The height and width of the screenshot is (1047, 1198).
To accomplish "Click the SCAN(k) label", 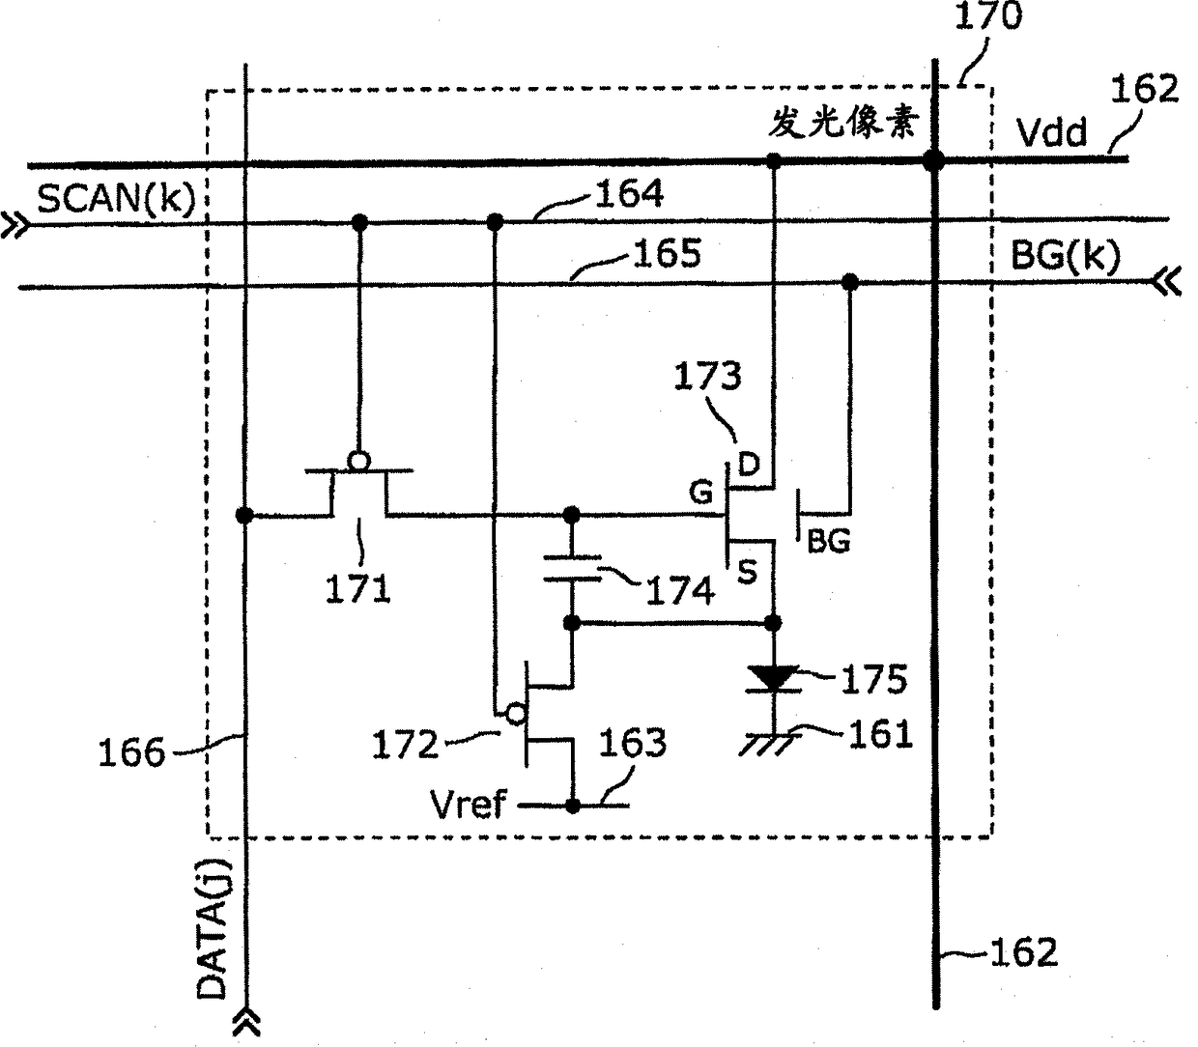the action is pos(116,199).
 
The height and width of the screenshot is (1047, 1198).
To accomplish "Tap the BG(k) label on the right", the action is pos(1066,256).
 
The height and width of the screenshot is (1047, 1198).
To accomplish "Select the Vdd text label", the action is pos(1052,132).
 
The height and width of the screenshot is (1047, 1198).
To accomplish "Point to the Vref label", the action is pos(468,805).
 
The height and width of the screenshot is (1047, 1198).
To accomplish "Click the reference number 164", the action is pos(630,194).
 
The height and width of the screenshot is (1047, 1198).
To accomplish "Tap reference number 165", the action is pos(667,254).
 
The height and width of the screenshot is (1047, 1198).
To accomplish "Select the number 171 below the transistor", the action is pos(357,589).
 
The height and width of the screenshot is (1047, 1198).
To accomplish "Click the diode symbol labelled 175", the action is pos(774,679).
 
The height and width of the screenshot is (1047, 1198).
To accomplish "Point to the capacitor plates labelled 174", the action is pos(572,568).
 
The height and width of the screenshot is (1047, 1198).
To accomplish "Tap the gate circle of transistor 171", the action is pos(358,462).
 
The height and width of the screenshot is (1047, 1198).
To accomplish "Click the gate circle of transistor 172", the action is pos(515,715).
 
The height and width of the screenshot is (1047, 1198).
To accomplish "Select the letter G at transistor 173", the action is pos(700,493).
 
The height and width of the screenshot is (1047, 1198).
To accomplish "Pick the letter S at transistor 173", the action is pos(747,572).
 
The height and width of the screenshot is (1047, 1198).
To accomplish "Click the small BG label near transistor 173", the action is pos(829,541).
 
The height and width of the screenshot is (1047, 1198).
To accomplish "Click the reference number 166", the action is pos(131,752).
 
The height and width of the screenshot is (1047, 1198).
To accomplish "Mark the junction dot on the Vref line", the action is pos(573,806).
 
